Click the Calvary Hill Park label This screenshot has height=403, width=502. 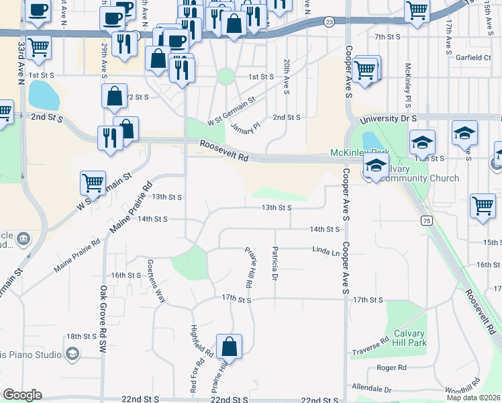point(411,337)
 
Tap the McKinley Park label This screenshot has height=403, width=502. point(359,152)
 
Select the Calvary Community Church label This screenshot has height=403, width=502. point(416,173)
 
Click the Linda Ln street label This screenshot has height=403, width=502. point(326,252)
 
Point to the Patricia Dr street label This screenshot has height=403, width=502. point(274,263)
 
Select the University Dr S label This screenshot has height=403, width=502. point(388,118)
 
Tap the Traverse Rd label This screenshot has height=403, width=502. point(371,351)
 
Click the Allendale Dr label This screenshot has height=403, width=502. point(372,389)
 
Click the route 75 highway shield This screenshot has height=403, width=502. point(427,220)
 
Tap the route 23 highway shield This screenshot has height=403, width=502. point(328,22)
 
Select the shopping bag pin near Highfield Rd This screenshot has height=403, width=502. point(229,347)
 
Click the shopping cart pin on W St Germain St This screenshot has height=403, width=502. point(93,182)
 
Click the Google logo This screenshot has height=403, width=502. point(23,395)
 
